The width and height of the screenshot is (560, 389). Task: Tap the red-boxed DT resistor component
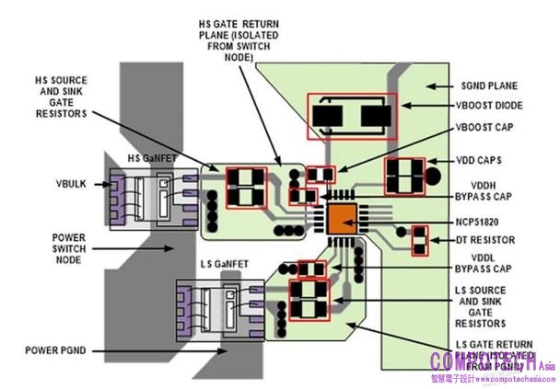pyautogui.click(x=420, y=241)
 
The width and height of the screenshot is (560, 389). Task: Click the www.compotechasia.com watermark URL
pyautogui.click(x=493, y=378)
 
